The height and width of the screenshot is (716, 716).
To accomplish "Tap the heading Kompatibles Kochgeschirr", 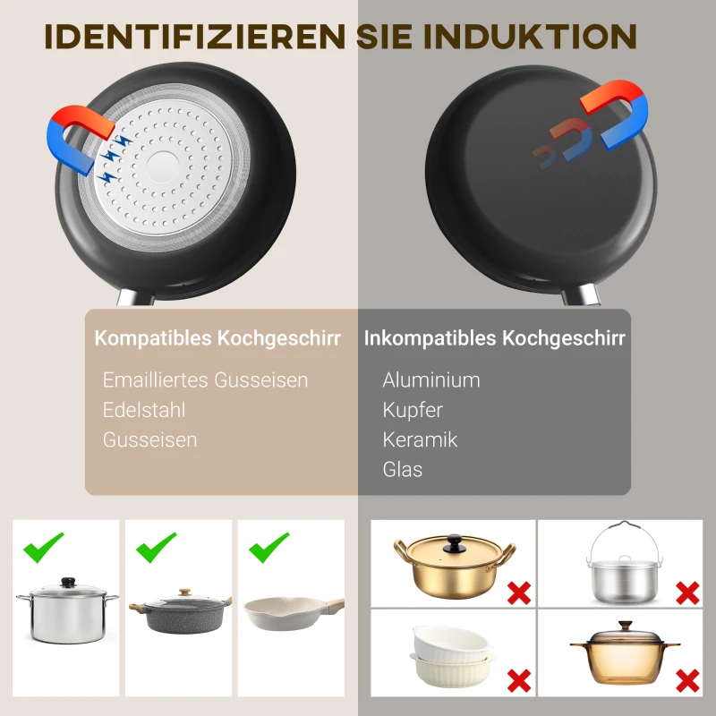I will pos(217,339).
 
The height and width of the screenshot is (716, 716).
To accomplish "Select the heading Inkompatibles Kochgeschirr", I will pos(494,339).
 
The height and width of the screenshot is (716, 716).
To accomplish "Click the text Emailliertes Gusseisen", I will pos(205,379).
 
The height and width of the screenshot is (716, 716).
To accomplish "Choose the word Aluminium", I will pos(431,379).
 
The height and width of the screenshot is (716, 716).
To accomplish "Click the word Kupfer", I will pos(413,410).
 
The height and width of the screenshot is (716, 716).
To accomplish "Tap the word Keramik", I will pos(420,439).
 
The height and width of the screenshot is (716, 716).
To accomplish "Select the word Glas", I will pos(403,469).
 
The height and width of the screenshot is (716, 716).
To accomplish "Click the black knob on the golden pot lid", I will pos(456,541).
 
